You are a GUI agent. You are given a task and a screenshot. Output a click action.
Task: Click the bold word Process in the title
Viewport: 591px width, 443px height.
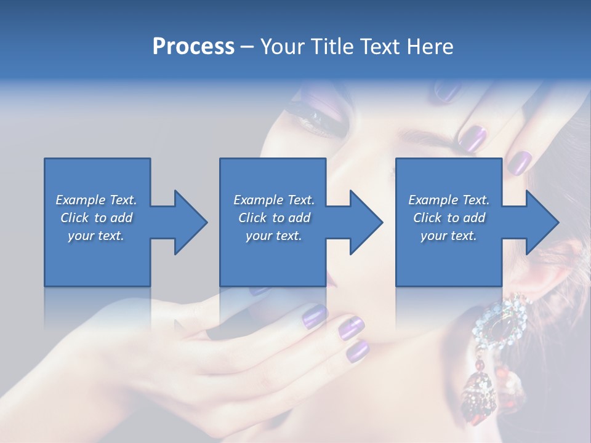(193, 46)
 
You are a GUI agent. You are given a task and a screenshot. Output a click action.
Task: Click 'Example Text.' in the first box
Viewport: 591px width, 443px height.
(96, 200)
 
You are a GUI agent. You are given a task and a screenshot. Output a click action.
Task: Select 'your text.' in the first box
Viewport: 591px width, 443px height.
(96, 236)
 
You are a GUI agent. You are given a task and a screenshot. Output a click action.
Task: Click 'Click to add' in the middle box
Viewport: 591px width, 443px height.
(274, 218)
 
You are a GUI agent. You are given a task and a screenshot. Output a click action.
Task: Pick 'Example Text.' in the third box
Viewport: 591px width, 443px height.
(449, 200)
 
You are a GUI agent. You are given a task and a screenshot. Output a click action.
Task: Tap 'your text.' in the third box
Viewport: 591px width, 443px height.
(449, 236)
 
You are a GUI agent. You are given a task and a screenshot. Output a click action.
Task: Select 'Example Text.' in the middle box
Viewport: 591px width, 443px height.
(274, 200)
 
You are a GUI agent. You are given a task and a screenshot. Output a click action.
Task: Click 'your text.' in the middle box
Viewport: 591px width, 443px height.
(274, 236)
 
